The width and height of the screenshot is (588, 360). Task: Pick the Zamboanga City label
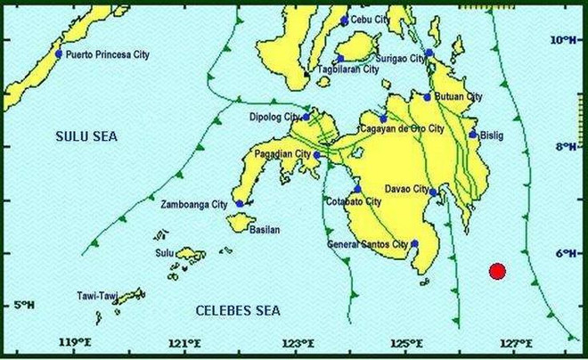pyautogui.click(x=193, y=205)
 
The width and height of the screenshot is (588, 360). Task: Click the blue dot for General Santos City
pyautogui.click(x=414, y=243)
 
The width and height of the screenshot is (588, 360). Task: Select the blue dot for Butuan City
pyautogui.click(x=427, y=97)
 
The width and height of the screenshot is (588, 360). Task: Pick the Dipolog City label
pyautogui.click(x=275, y=117)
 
